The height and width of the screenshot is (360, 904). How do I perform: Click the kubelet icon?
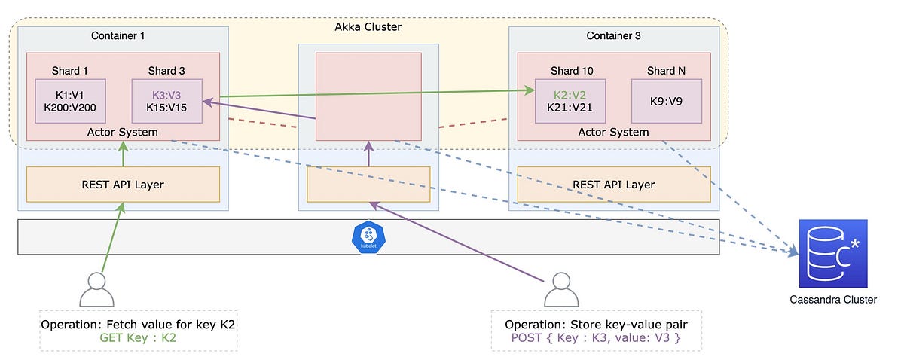368,237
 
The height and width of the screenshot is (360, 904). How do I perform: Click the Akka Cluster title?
368,27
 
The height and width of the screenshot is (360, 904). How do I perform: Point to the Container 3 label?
612,35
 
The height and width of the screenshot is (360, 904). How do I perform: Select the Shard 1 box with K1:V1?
70,101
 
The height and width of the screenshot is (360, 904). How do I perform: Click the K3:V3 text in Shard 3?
166,95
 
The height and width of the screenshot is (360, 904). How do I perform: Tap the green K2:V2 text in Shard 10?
570,95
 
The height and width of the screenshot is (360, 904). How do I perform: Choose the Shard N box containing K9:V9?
666,101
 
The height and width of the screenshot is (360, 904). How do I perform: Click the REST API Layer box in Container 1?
123,185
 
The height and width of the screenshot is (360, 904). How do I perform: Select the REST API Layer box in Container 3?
613,185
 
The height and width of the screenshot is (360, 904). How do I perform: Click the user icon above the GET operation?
96,288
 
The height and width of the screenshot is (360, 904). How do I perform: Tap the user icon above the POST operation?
559,288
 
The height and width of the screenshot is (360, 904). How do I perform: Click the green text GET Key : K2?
139,338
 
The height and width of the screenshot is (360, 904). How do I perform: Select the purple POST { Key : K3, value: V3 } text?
596,338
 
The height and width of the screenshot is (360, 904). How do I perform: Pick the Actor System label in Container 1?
123,132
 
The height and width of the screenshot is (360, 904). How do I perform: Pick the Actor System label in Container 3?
613,132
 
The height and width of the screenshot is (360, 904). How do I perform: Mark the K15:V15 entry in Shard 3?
166,108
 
